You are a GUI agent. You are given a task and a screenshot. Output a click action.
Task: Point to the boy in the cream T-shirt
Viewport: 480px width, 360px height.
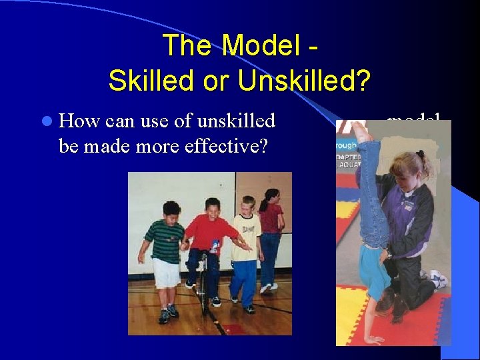pyautogui.click(x=246, y=247)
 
